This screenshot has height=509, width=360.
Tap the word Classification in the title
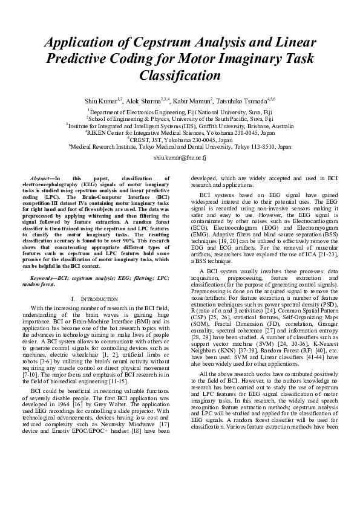click(x=180, y=77)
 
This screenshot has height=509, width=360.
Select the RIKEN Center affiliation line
click(x=180, y=132)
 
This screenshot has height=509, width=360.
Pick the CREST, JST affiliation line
click(x=180, y=139)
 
